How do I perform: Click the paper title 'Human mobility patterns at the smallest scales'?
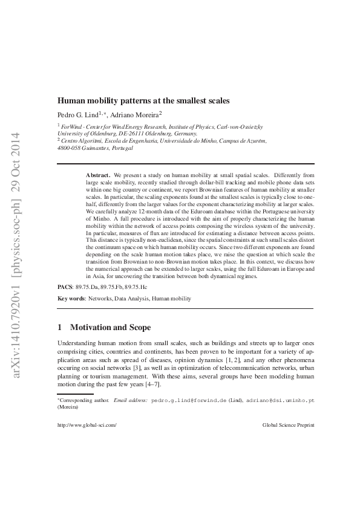[x=143, y=100]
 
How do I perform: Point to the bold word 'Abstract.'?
[x=98, y=174]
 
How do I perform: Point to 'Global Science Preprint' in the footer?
[x=289, y=425]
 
